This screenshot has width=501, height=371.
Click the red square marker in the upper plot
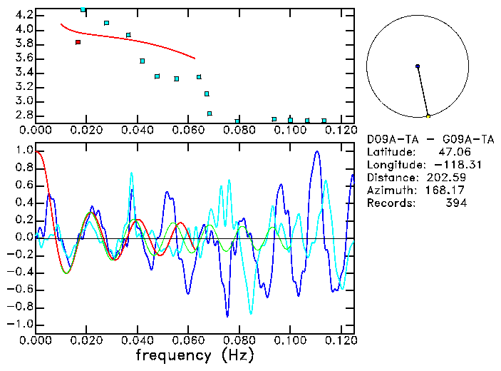pos(78,42)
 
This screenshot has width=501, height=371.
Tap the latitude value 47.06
pos(453,152)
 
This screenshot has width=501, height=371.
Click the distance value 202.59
pos(448,178)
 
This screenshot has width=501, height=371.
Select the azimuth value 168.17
pos(448,190)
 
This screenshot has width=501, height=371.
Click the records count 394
pos(456,203)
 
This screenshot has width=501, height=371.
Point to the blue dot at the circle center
pos(418,66)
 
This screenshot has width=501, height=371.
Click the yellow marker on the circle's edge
pos(428,116)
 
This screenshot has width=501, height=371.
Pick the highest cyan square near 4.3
pos(83,10)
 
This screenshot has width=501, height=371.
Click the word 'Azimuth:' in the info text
pos(389,190)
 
